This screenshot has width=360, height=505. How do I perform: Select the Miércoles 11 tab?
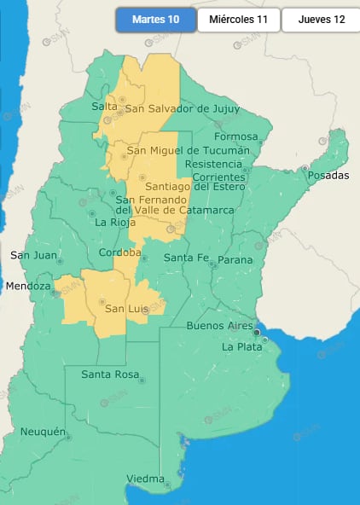[x=238, y=20]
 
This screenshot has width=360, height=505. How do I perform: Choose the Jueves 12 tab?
[x=322, y=20]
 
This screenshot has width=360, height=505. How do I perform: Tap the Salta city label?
[x=104, y=106]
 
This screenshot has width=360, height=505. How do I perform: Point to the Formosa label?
[x=236, y=136]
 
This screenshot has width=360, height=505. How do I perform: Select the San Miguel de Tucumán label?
[x=188, y=151]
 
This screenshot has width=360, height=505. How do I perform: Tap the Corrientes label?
[x=218, y=177]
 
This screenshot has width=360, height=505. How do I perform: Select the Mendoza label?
[x=28, y=287]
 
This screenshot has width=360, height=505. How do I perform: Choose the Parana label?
[x=235, y=259]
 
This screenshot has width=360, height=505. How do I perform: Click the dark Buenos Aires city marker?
[x=257, y=333]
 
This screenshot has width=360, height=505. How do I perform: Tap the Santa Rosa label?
[x=111, y=374]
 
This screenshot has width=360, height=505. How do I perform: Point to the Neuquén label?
[x=43, y=432]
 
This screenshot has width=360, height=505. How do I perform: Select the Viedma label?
[x=146, y=479]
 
